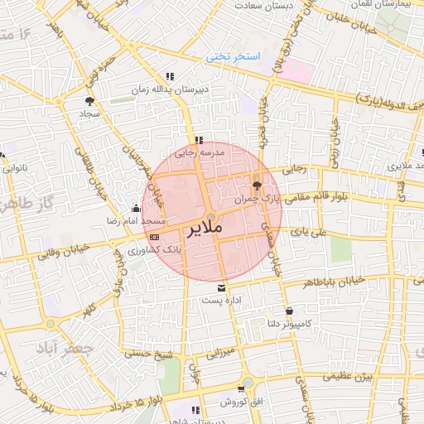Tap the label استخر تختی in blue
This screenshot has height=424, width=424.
[x=233, y=57]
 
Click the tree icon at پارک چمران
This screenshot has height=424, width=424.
[x=255, y=185]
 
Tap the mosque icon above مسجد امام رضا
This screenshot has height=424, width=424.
[x=136, y=209]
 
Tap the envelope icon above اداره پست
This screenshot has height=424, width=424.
[x=221, y=287]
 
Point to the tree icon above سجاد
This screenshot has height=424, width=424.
[x=88, y=100]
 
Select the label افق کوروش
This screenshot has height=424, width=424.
[x=240, y=402]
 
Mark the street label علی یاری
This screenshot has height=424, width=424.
[x=310, y=234]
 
